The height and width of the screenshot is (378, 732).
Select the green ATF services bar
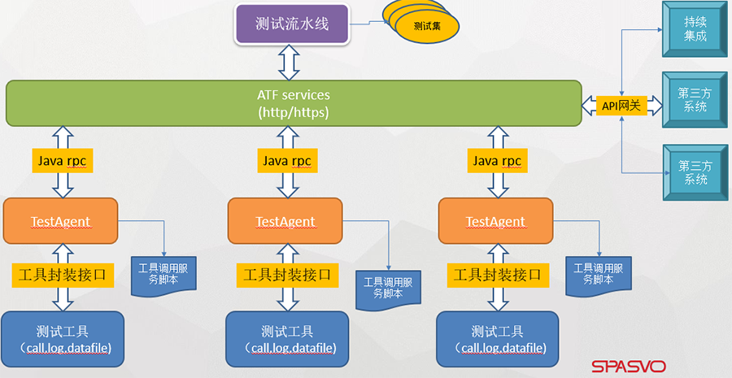tap(294, 103)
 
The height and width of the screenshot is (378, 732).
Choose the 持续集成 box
tap(695, 30)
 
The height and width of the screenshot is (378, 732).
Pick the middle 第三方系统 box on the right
tap(695, 100)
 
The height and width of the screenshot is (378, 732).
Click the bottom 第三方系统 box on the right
tap(695, 172)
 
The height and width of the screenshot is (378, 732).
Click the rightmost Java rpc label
tap(497, 161)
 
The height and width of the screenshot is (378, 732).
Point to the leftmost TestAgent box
tap(61, 221)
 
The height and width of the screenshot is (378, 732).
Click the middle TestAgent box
tap(285, 221)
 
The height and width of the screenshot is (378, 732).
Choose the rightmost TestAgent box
tap(495, 221)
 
